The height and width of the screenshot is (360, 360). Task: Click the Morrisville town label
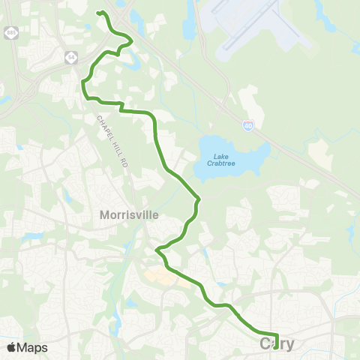pos(129,214)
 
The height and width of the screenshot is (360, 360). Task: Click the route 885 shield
pos(10,34)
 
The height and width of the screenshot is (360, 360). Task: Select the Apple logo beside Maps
pos(12,347)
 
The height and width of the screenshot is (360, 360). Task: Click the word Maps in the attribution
pos(32,347)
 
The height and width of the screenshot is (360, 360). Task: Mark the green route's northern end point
pos(99,12)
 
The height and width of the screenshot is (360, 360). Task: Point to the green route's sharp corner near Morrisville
pos(157,249)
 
